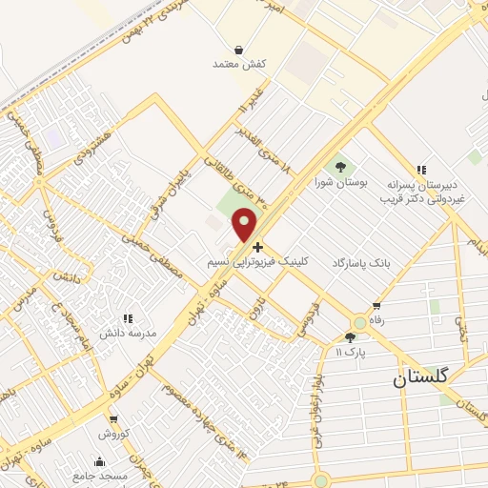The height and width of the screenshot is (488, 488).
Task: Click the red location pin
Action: pos(246,224)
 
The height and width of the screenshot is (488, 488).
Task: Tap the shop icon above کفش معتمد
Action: pos(237,49)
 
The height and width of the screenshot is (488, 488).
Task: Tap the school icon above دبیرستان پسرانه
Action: pos(421,169)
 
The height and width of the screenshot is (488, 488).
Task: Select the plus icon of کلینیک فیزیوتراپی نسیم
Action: pos(258,246)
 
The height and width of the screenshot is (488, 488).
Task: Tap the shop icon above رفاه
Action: pos(376,307)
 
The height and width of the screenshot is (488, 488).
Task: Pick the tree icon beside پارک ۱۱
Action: pos(350,336)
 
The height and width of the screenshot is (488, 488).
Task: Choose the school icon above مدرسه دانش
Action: pos(127,319)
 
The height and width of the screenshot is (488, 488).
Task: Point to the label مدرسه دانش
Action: pos(127,335)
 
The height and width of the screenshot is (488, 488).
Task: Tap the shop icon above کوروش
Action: pos(112,418)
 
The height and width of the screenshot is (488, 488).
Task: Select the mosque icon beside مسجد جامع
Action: pos(100,462)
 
